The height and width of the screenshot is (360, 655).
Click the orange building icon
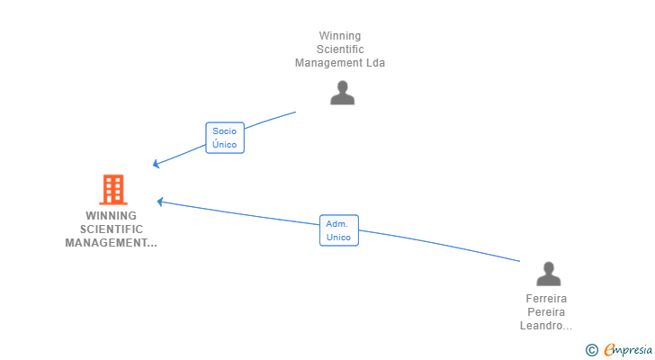coord(112,190)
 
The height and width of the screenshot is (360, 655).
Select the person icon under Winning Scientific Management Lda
coord(342,93)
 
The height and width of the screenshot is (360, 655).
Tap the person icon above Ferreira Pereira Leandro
coord(548,274)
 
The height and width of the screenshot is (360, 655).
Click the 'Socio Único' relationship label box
coord(225,138)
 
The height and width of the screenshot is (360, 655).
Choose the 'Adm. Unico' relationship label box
coord(339,230)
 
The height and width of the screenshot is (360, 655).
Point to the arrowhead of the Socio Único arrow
coord(155,164)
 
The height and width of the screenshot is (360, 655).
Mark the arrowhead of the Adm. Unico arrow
coord(159,202)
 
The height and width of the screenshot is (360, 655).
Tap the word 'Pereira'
coord(548,312)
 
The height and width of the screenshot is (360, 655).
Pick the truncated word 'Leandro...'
coord(546,326)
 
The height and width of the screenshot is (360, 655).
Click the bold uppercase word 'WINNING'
coord(112,216)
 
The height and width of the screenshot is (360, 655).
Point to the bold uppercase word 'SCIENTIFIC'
coord(112,229)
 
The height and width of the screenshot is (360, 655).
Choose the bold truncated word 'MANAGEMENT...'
coord(112,243)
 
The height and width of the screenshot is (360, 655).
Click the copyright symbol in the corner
coord(591,350)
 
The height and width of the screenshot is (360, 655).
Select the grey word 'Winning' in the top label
coord(340,36)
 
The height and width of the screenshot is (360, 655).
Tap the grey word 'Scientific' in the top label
coord(340,49)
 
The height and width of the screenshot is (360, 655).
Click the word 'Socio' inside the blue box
coord(225,131)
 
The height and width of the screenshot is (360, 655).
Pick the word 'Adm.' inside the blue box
coord(338,224)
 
